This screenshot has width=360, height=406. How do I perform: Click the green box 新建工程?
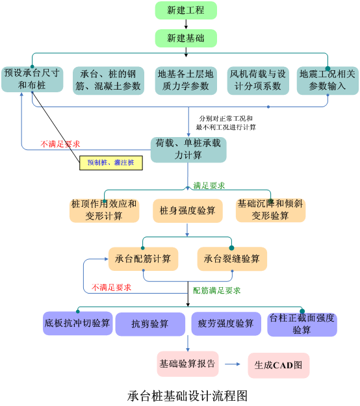pos(186,10)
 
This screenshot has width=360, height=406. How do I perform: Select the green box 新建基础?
pos(186,38)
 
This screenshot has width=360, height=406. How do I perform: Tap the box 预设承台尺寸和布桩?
pos(32,79)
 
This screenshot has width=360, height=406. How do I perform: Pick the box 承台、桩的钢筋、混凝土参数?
pos(109,81)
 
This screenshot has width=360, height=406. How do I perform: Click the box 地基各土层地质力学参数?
pos(186,81)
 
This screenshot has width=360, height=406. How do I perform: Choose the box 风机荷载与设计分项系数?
pos(258,81)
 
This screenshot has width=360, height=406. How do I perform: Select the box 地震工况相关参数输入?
pos(328,81)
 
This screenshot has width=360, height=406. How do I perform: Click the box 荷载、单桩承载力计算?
pos(188,149)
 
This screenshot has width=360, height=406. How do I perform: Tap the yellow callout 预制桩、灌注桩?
pos(111,163)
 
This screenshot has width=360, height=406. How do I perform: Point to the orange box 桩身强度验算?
pos(188,210)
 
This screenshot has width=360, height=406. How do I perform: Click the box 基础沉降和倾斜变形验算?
pos(270,210)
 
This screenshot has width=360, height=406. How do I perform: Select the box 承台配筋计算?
pos(143,259)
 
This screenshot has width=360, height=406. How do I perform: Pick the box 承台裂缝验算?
pos(232,259)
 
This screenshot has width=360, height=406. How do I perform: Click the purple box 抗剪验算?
pos(150,324)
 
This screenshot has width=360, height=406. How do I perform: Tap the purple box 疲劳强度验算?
pos(226,324)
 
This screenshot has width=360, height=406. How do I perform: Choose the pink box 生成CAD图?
pos(279,365)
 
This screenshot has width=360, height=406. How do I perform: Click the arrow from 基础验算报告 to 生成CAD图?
pos(233,364)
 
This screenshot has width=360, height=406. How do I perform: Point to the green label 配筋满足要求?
pos(216,290)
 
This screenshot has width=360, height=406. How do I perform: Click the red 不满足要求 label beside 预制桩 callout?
pos(60,144)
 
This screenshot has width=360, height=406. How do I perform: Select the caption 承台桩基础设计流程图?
pos(187,396)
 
